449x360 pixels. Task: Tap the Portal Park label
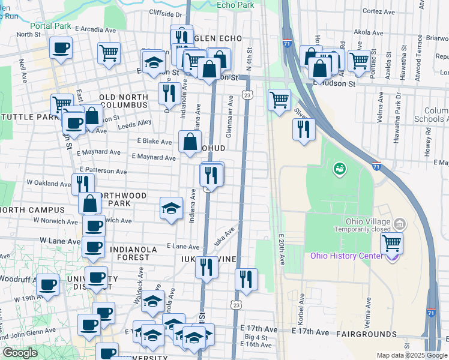point(52,26)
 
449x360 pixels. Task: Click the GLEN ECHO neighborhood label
point(217,38)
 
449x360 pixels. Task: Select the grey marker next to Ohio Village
point(400,224)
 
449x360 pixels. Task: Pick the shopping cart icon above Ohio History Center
point(391,243)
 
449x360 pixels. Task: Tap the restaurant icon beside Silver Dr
point(304,128)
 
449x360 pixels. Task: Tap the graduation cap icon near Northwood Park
point(171,208)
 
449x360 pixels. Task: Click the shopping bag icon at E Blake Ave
point(190,142)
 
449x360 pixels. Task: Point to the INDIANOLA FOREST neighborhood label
point(129,253)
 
